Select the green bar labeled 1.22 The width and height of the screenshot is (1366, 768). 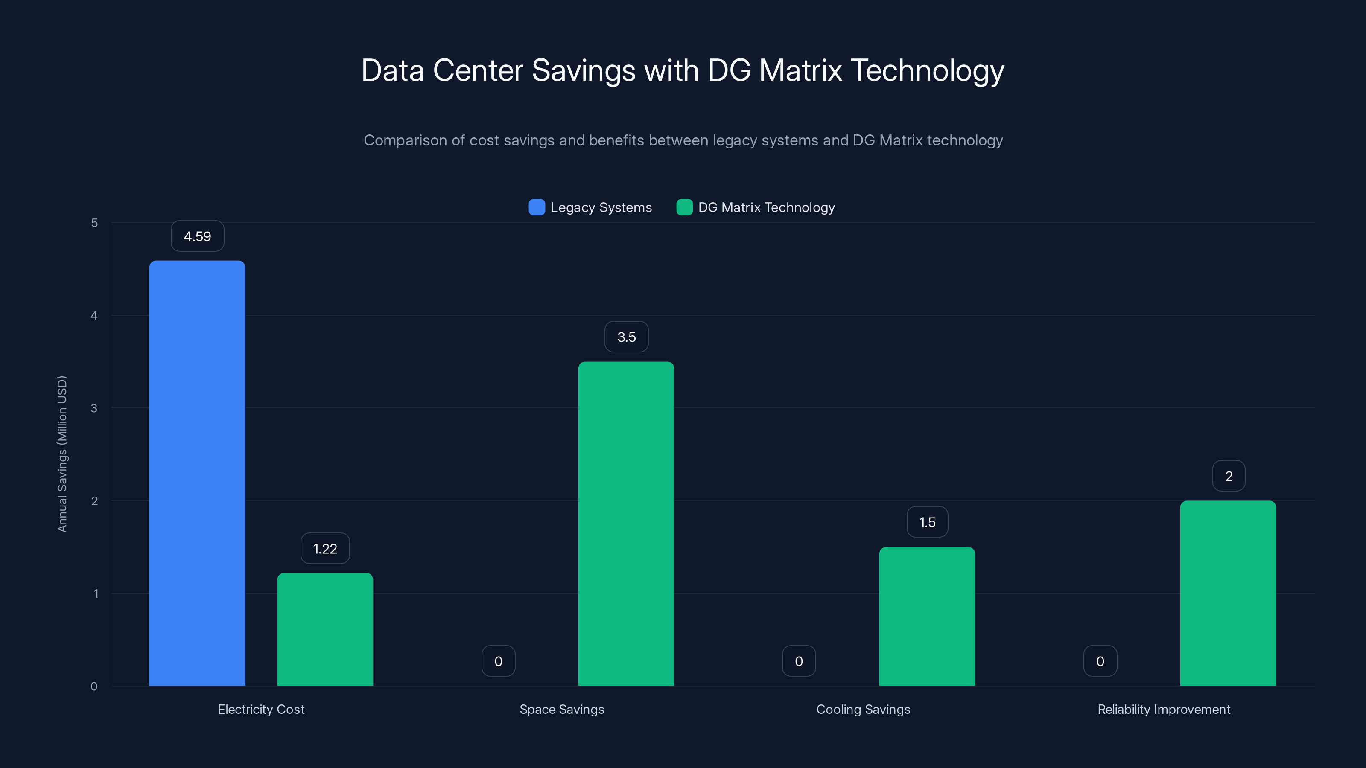325,629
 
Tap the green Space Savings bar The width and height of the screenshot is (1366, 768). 626,524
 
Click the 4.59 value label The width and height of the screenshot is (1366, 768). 197,236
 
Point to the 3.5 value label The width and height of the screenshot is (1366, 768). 626,337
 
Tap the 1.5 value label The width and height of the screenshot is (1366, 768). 927,523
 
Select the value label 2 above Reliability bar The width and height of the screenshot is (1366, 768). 1228,477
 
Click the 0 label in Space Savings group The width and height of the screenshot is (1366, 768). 498,661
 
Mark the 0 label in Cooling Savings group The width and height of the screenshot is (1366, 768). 799,661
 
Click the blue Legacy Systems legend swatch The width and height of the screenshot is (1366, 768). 537,207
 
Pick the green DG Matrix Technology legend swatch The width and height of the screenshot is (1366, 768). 684,207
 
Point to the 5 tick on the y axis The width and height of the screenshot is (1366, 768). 94,223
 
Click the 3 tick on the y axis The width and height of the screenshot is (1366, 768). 94,408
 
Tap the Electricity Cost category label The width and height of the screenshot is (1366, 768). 261,709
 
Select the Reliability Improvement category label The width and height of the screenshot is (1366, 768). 1163,709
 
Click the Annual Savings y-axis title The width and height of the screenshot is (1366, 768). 62,454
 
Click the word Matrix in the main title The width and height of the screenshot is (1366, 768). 800,70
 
